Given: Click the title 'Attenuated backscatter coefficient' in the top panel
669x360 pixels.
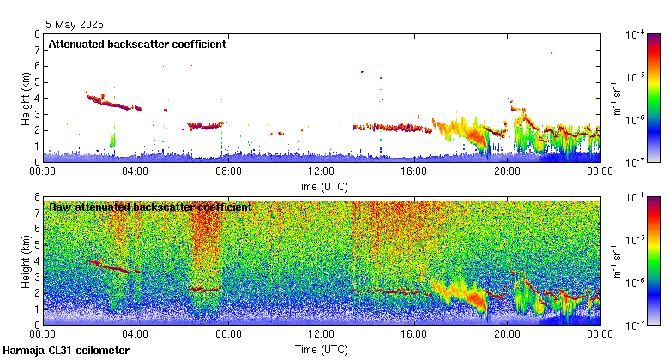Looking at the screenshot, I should point(137,44).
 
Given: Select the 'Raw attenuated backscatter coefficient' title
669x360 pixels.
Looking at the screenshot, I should point(150,207).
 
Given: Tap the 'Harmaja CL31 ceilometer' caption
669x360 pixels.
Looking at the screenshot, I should point(66,351).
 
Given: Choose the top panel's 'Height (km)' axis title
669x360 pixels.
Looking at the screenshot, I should point(26,98).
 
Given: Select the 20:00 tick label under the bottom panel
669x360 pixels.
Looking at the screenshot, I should point(507,334).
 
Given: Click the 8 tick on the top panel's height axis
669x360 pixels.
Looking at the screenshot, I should point(37,34).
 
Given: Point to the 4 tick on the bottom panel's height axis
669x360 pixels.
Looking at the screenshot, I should point(37,261).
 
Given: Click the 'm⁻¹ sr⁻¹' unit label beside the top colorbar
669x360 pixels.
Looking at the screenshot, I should point(616,98).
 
